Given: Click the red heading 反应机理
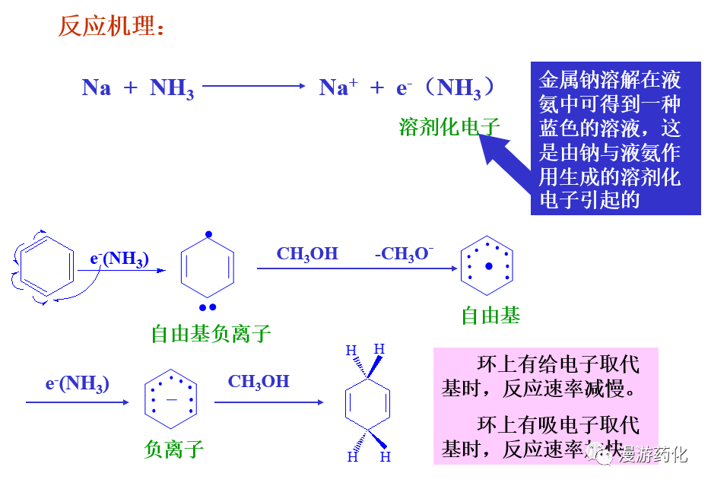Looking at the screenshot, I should pos(111,27).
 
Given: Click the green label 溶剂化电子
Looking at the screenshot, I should pos(449,127).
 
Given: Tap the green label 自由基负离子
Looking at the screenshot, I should pos(211,333).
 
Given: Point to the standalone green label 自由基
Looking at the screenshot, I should pos(490,316).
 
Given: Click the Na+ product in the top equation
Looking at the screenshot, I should pos(338,87).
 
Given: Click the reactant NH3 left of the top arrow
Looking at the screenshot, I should pos(172,88).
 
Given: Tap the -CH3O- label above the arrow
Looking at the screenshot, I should pos(404,254).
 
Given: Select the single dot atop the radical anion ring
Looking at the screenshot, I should pos(208,234).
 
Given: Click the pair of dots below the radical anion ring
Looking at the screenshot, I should pos(208,307).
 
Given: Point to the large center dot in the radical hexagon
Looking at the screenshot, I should pos(489,266).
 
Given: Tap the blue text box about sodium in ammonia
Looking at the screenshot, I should pos(615,138).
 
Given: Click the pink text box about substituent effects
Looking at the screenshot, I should pos(545,406).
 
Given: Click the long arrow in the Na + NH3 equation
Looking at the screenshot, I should pos(252,87).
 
